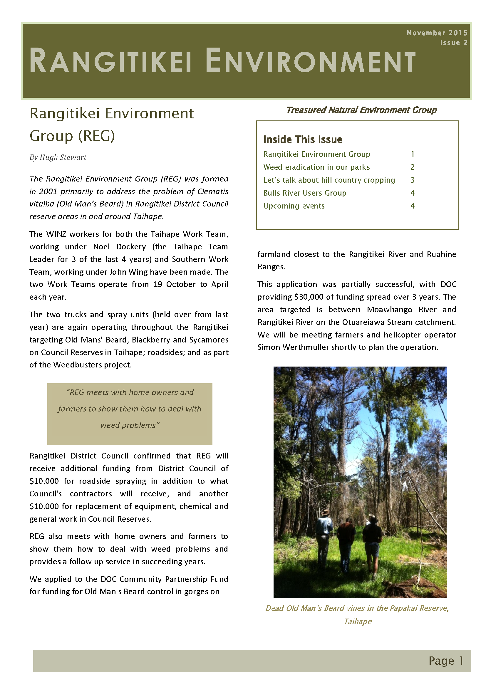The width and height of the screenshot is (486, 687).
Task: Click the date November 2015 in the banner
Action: (x=437, y=33)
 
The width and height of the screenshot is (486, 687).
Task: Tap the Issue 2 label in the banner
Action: (x=453, y=43)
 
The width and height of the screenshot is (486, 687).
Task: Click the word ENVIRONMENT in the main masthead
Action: (x=310, y=62)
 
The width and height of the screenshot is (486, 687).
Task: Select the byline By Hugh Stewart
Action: (x=58, y=157)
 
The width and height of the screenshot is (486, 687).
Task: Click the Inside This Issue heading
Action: (x=303, y=140)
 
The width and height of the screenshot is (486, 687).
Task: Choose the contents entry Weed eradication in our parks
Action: (x=316, y=167)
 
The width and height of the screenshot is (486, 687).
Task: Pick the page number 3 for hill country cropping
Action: (x=412, y=180)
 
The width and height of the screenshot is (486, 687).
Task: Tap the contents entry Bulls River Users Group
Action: (x=305, y=193)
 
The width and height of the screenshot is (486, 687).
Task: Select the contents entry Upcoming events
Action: (x=294, y=206)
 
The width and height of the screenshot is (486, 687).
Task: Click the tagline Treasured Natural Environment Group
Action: (x=361, y=110)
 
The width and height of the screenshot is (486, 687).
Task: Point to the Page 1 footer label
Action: (x=446, y=661)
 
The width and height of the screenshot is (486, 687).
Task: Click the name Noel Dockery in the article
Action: (x=119, y=247)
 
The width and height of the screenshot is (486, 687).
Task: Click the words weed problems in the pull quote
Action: (x=130, y=426)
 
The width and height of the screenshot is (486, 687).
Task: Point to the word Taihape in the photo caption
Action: (x=358, y=622)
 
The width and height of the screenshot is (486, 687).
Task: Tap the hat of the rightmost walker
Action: (x=371, y=518)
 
